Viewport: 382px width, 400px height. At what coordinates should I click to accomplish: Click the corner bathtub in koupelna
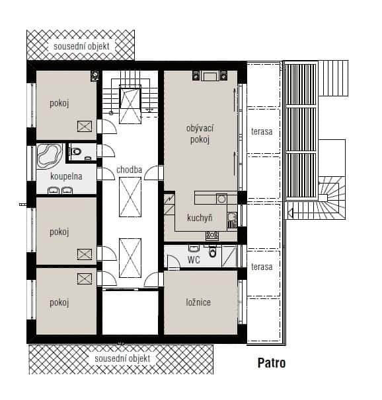tap(50, 155)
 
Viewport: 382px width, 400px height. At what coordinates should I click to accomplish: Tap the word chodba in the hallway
tap(129, 170)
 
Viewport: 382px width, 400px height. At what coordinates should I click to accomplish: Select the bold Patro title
tap(272, 363)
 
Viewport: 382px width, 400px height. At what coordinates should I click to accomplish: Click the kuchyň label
tap(200, 218)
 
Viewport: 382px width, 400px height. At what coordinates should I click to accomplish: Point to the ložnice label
tap(198, 302)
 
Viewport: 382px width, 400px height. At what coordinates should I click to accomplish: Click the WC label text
tap(194, 260)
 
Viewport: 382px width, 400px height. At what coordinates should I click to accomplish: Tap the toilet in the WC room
tap(212, 251)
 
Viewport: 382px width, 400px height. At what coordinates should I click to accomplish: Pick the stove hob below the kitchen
tap(212, 236)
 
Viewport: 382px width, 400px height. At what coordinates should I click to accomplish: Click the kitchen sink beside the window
tap(232, 220)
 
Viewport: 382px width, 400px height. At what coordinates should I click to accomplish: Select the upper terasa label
tap(262, 131)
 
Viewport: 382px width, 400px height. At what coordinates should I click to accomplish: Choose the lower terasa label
tap(262, 267)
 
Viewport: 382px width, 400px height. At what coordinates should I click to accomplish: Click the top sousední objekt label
tap(82, 46)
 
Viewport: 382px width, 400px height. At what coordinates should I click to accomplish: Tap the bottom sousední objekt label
tap(122, 358)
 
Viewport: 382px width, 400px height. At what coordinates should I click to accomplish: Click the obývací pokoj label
tap(200, 134)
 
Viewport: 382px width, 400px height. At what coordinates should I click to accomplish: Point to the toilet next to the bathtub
tap(76, 152)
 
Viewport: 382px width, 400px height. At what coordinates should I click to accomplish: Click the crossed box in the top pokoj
tap(85, 126)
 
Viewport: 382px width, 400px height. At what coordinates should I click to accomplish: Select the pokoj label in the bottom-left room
tap(59, 302)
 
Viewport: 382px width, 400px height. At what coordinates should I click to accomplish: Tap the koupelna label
tap(66, 176)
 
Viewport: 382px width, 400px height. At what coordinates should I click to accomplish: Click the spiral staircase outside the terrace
tap(332, 198)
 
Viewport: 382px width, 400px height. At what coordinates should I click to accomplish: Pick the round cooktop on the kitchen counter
tap(221, 199)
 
